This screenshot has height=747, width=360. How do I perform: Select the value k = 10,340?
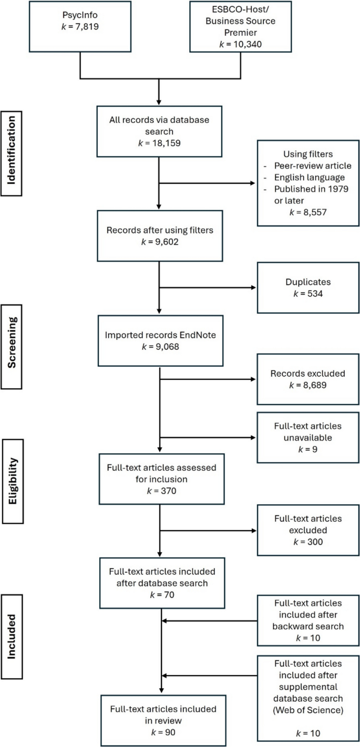click(x=240, y=44)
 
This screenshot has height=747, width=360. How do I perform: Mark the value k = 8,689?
click(x=306, y=384)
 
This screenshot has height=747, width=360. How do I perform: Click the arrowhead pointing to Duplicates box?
click(x=253, y=288)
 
